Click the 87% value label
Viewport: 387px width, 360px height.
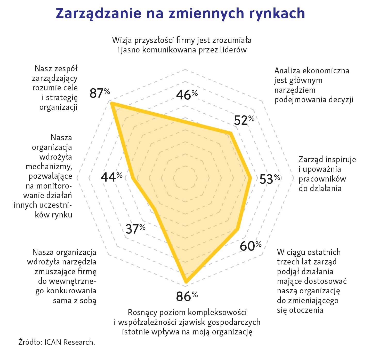(x=100, y=93)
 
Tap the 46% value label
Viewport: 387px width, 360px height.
(x=187, y=95)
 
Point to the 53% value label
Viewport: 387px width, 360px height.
(x=270, y=179)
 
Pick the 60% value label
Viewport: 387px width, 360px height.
(x=250, y=246)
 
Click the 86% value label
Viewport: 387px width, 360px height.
(x=187, y=296)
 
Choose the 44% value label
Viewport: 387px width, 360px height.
(x=111, y=177)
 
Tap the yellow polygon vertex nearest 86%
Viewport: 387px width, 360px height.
(x=186, y=283)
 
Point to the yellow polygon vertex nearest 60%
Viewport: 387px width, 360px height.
(x=238, y=229)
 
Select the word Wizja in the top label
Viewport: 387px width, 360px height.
(x=122, y=40)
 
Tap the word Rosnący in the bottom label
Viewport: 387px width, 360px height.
(x=142, y=312)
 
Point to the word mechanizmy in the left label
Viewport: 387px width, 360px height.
(x=49, y=167)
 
